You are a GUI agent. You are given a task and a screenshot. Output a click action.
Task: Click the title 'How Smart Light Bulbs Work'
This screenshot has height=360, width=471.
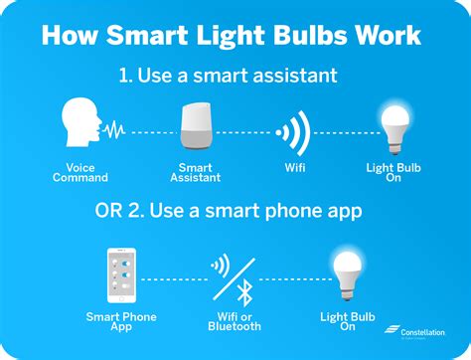[235, 37]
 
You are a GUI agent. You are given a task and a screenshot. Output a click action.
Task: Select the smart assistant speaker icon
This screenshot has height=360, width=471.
[196, 126]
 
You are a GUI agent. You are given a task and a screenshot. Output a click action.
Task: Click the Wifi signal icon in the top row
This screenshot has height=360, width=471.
[295, 130]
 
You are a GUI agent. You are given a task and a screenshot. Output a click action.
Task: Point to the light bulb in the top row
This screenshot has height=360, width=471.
[394, 126]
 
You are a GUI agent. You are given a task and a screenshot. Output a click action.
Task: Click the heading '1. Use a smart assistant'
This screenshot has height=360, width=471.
[235, 77]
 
